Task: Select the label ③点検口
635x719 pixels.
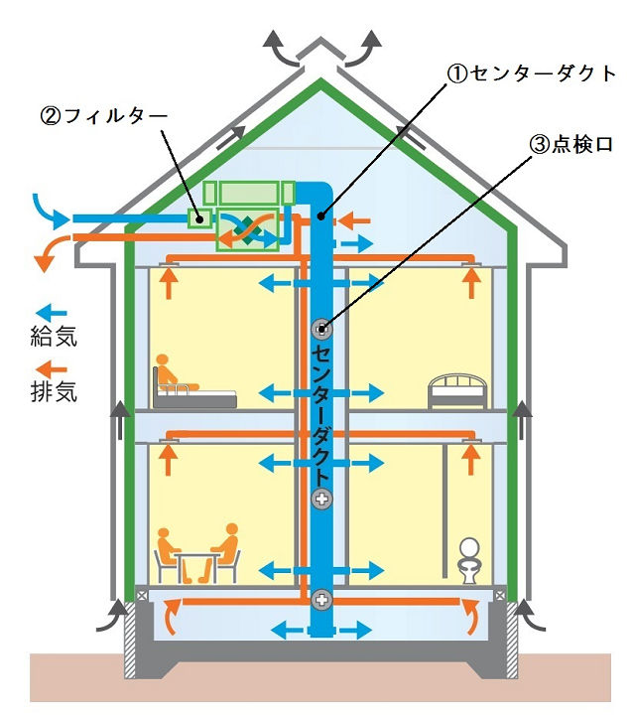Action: pyautogui.click(x=571, y=144)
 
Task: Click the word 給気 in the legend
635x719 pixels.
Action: pyautogui.click(x=55, y=336)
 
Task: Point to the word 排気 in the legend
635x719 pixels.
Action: pyautogui.click(x=55, y=391)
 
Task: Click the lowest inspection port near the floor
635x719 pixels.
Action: pyautogui.click(x=321, y=598)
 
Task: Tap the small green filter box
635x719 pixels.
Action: pyautogui.click(x=198, y=217)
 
